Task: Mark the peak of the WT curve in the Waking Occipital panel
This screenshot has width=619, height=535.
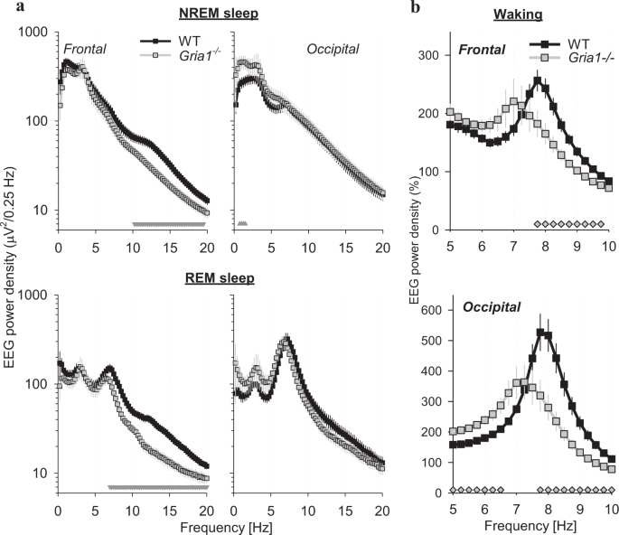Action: click(x=540, y=332)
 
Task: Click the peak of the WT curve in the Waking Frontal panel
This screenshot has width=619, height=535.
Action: click(x=539, y=80)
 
